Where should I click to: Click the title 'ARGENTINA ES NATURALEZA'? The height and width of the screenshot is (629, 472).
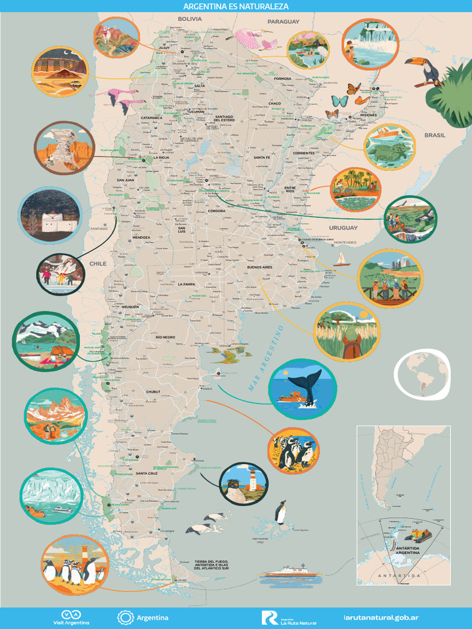pos(236,6)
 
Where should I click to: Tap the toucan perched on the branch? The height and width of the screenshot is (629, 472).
pos(424,70)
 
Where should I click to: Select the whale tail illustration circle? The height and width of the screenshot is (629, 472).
pos(302,389)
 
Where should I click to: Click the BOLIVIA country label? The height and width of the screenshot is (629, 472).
pos(190,19)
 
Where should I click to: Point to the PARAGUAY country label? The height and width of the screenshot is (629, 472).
pos(283,21)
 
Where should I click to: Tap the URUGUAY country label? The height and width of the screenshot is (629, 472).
pos(343,228)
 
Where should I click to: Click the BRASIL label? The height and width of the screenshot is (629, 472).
pos(435,135)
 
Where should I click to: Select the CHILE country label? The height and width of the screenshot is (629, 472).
pos(98,264)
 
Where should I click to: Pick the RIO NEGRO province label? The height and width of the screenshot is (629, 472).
pos(165,338)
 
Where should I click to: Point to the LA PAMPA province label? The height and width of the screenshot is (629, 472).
pos(186,284)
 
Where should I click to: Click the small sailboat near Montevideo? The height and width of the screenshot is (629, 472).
pos(341,259)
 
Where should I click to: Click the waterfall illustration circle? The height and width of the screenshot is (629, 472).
pos(371,44)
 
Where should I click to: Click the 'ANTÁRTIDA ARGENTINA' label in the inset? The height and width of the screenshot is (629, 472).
pos(408,549)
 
